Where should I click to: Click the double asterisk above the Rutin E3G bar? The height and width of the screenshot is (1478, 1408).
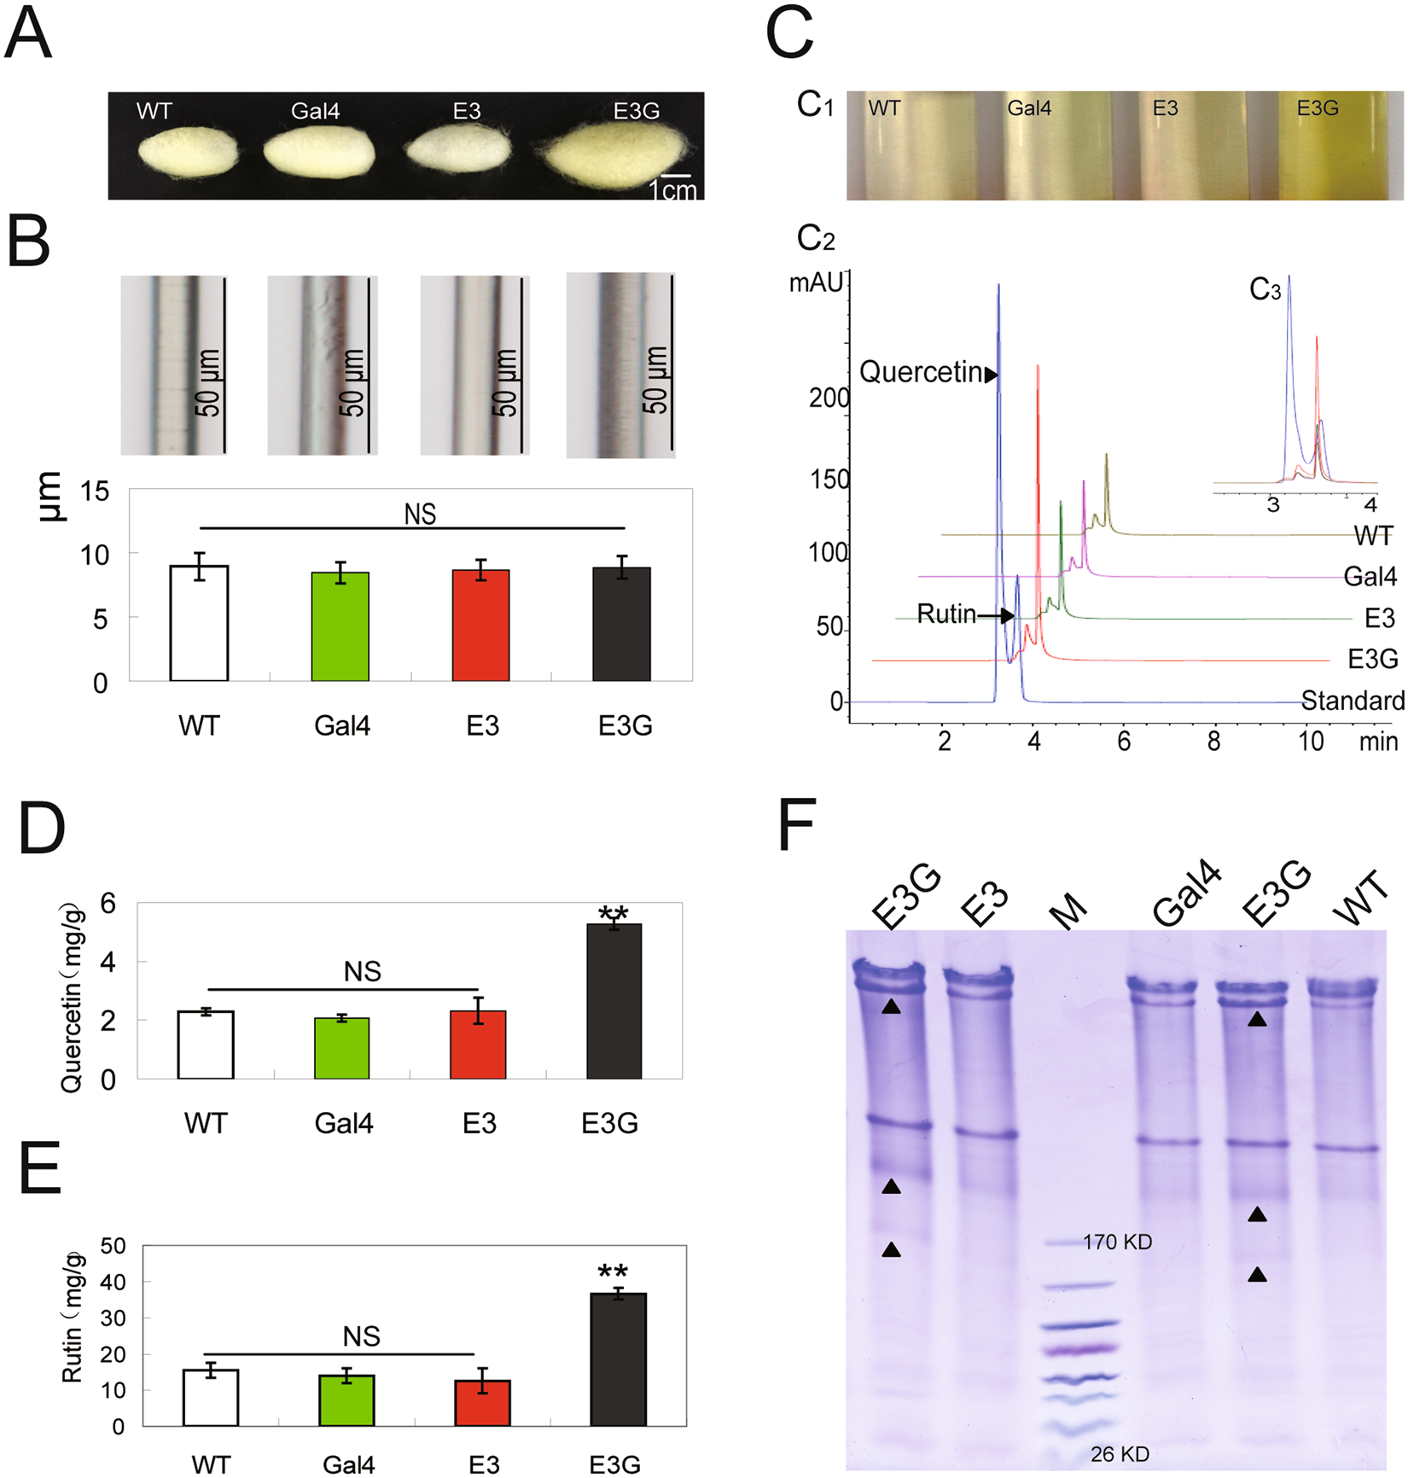click(614, 1272)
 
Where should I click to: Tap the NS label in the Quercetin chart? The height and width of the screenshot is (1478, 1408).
click(362, 971)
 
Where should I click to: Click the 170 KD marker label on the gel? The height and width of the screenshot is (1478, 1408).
click(1117, 1242)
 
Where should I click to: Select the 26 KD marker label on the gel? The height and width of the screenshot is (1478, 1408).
click(1120, 1454)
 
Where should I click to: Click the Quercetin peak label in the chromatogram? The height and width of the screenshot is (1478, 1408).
click(921, 373)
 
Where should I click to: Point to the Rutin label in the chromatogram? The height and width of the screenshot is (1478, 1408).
click(945, 614)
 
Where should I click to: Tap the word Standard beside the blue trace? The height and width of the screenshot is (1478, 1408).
click(1353, 701)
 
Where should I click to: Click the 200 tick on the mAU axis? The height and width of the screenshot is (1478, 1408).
click(829, 399)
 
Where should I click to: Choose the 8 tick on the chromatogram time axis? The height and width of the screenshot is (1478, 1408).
click(1213, 741)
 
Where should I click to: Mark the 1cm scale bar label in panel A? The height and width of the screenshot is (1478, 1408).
click(672, 190)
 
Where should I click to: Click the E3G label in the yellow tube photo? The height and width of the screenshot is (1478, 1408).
click(1318, 108)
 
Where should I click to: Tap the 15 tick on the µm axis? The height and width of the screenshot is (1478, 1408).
click(95, 492)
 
